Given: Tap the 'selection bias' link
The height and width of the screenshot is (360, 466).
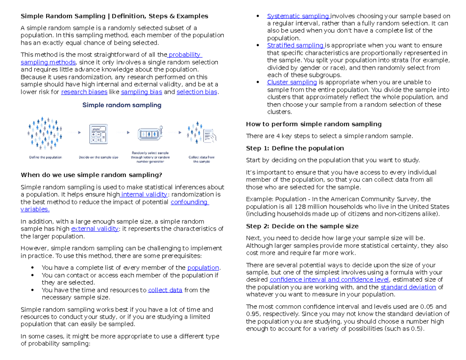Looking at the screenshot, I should (197, 92).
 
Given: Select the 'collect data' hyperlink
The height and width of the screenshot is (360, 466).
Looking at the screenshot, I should (165, 290).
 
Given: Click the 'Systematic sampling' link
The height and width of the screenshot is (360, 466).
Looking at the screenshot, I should (298, 16).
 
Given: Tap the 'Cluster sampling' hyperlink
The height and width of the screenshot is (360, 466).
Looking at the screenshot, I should (292, 82).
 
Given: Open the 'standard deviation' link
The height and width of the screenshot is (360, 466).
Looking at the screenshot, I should (408, 287).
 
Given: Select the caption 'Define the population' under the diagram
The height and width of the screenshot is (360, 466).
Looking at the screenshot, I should (45, 157).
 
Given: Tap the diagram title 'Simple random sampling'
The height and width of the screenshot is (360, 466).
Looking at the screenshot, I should (121, 105).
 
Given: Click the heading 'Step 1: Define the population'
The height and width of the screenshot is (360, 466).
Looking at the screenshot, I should (295, 148).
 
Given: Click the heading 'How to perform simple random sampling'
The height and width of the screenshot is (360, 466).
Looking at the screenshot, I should (314, 124).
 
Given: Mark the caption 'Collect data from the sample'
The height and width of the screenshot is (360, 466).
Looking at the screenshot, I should (202, 159).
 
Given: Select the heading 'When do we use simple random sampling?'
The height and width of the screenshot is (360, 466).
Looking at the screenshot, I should (91, 175).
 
